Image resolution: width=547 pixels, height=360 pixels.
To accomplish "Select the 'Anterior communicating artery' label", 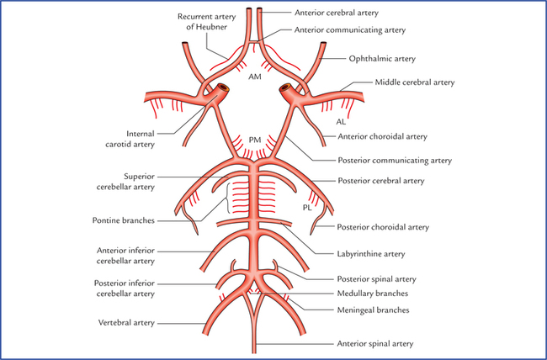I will point(350,29).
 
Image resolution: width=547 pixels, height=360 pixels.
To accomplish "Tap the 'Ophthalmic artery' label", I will point(382,60).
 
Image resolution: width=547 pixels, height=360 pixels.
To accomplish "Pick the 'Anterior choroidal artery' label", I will point(381,137).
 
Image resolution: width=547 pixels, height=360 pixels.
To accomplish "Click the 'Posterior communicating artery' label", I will point(395,159).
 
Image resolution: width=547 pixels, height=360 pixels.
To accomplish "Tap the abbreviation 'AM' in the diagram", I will point(254,76).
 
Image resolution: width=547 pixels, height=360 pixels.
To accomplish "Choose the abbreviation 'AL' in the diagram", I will point(341,121).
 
